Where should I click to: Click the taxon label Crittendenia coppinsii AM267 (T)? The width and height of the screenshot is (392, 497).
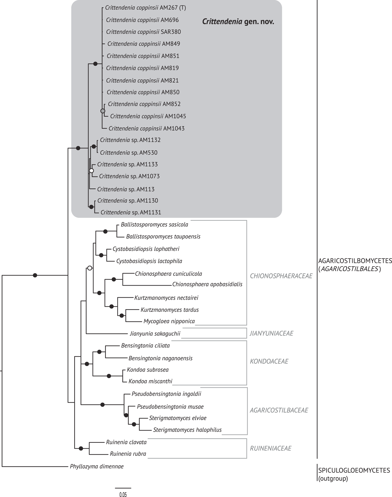pyautogui.click(x=145, y=8)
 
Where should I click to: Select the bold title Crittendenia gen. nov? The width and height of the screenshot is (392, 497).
pyautogui.click(x=238, y=22)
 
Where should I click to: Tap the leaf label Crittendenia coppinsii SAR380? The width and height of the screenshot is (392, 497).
pyautogui.click(x=143, y=32)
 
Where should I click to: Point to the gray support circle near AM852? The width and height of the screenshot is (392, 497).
pyautogui.click(x=103, y=111)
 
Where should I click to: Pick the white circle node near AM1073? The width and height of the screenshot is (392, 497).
pyautogui.click(x=91, y=171)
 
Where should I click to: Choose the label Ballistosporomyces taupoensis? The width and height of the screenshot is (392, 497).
pyautogui.click(x=163, y=237)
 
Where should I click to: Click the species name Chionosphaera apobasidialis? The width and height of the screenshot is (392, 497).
pyautogui.click(x=207, y=284)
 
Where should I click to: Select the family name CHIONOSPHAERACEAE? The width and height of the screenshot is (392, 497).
pyautogui.click(x=281, y=276)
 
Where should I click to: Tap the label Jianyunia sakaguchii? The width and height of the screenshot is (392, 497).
pyautogui.click(x=155, y=334)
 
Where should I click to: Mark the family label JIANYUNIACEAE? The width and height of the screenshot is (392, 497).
pyautogui.click(x=271, y=333)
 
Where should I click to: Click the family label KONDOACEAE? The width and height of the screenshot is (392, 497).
pyautogui.click(x=269, y=361)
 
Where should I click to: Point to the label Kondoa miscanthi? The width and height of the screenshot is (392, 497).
pyautogui.click(x=150, y=381)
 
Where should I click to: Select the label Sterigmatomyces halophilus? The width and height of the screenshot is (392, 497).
pyautogui.click(x=187, y=430)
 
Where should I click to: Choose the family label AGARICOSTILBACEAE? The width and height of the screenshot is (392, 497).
pyautogui.click(x=279, y=410)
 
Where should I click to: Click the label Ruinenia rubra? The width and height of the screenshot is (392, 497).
pyautogui.click(x=128, y=454)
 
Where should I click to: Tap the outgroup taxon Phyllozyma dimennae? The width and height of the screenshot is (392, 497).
pyautogui.click(x=97, y=467)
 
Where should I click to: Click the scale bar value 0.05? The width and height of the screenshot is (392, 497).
pyautogui.click(x=123, y=495)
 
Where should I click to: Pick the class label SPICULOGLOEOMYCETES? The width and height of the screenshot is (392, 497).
pyautogui.click(x=354, y=470)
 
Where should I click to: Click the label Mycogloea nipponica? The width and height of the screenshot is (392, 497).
pyautogui.click(x=169, y=321)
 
